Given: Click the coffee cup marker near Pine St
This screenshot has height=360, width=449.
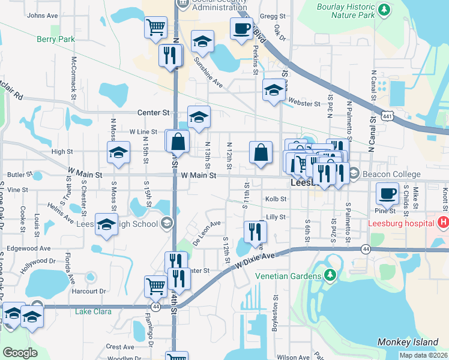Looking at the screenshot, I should click(x=387, y=193).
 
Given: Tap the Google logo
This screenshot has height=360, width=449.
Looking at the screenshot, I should click(x=20, y=353).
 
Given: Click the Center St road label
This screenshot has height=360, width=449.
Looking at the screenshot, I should click(x=154, y=112).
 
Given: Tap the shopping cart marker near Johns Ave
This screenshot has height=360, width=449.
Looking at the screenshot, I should click(x=155, y=27).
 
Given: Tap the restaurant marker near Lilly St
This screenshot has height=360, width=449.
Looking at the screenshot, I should click(x=255, y=230).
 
